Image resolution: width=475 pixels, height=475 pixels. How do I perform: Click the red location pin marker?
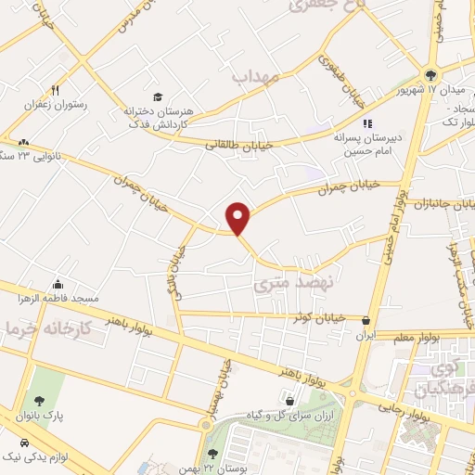(x=238, y=218)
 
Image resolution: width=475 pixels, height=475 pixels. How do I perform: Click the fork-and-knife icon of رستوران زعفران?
(x=56, y=91)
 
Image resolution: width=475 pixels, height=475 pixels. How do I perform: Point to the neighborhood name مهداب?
(x=256, y=77)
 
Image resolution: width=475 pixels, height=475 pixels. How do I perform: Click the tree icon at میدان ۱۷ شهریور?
(x=430, y=74)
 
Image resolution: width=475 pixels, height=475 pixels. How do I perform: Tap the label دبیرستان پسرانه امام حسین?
(x=366, y=141)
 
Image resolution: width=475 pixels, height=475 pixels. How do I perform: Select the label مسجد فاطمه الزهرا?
(x=59, y=299)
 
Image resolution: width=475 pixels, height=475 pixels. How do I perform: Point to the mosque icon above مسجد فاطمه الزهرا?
(x=59, y=284)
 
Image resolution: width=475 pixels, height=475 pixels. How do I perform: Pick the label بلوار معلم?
(x=396, y=336)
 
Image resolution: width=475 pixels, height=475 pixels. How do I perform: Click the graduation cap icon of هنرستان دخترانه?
(x=157, y=96)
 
